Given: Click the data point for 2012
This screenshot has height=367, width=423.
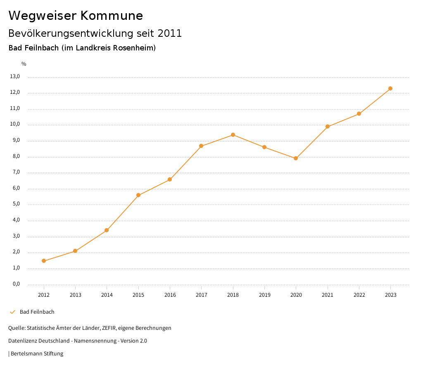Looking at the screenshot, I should point(44,261).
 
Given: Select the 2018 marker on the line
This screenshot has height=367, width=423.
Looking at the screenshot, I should point(233,135).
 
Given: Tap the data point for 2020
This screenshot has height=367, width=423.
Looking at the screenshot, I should point(296,158).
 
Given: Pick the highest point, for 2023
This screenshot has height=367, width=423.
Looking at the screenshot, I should point(390,88).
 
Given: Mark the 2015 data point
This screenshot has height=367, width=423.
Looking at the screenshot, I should point(138,195).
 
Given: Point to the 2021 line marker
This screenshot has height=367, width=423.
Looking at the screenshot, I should point(328,126).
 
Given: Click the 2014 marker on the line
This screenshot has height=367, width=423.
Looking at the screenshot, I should point(107,230).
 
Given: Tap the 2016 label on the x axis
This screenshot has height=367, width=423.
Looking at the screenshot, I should point(170,295).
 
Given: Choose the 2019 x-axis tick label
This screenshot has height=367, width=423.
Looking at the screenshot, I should point(264,295).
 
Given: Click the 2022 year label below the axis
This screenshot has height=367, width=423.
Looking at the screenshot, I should point(359,295).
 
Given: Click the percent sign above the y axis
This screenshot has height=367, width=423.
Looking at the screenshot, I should point(24,64).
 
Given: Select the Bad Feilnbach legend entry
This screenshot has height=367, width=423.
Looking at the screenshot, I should point(37,312).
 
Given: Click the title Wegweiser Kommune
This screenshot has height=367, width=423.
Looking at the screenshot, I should point(76,16).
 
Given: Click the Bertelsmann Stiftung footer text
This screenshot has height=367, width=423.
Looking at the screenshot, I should point(37,354).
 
